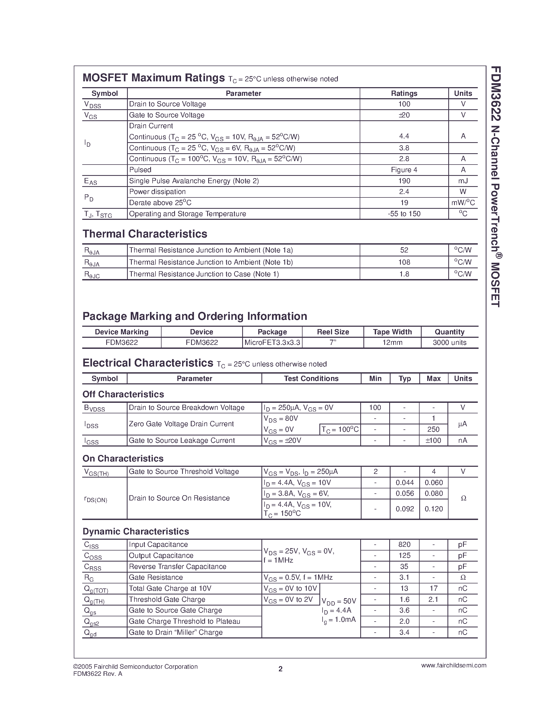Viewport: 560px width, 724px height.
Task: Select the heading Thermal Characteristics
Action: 145,234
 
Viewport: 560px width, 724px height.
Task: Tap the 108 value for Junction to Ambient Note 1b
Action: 404,262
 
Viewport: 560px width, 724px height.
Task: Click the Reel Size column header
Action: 333,332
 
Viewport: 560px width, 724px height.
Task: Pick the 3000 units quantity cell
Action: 449,343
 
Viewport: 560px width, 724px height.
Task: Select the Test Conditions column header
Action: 311,378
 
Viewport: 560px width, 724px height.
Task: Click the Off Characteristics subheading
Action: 123,394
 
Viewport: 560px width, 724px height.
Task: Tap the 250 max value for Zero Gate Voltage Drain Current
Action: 433,429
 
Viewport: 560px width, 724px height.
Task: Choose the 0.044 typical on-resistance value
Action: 405,483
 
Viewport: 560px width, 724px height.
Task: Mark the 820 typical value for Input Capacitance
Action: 404,544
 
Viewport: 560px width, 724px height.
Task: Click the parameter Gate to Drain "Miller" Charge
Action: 176,632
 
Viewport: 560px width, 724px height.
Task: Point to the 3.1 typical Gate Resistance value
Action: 404,577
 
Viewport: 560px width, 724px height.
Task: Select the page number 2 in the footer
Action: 280,669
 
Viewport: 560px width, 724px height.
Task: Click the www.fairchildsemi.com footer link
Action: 454,665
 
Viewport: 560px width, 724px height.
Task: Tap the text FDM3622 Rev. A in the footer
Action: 98,674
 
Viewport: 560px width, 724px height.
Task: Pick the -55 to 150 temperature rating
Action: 404,214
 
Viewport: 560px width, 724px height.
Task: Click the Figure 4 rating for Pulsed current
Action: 404,170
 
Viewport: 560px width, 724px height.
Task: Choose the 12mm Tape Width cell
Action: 392,343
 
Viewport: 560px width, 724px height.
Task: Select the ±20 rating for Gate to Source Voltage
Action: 404,115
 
